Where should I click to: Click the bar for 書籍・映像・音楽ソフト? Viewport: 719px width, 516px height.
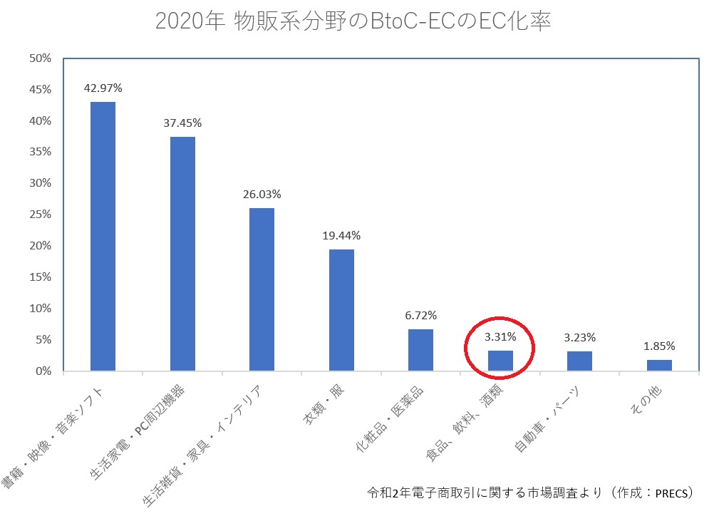[x=103, y=236]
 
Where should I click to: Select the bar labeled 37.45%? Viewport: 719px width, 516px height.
[x=182, y=253]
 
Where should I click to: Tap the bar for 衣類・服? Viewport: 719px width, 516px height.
[x=341, y=310]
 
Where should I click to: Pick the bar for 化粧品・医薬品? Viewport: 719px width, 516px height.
[x=420, y=350]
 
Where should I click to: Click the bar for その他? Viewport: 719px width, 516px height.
[x=659, y=365]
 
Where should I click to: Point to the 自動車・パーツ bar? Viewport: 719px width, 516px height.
[x=579, y=361]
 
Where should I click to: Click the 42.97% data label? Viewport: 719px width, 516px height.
[x=103, y=88]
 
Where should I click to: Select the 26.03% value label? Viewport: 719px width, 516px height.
[x=262, y=194]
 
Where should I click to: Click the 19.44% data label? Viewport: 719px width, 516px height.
[x=341, y=235]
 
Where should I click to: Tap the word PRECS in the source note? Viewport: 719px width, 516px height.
[x=671, y=492]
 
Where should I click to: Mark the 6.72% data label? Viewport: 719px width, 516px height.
[x=420, y=315]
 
